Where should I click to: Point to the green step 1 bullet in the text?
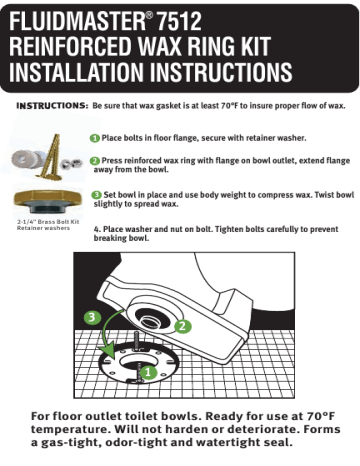[x=95, y=137]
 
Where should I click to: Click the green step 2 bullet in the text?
[x=95, y=160]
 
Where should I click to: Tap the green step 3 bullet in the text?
[x=95, y=194]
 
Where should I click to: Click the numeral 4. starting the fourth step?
[x=94, y=228]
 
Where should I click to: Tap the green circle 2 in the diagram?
[x=183, y=325]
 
